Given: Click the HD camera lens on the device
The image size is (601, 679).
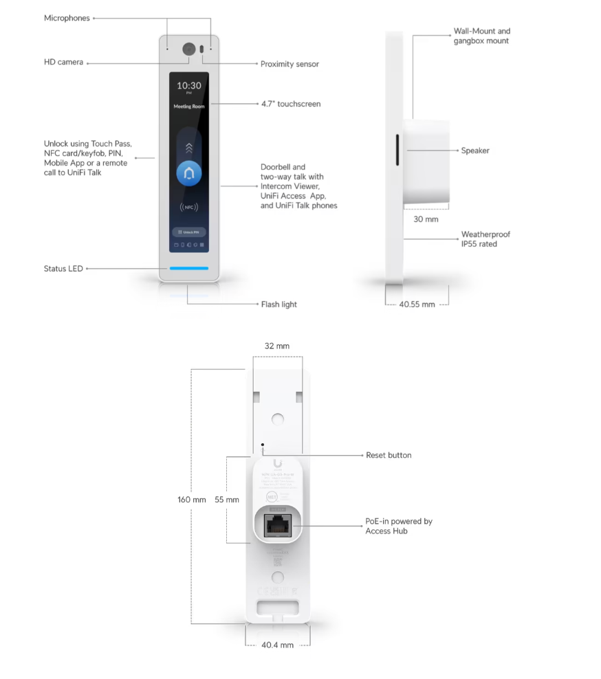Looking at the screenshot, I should tap(188, 49).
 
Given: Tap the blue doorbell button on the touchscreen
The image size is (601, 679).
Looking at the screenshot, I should tap(189, 174).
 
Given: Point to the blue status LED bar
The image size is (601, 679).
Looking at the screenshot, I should tap(189, 269).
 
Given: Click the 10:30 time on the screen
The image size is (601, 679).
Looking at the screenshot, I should tap(189, 86).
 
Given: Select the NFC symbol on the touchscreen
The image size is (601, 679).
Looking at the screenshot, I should tap(189, 206).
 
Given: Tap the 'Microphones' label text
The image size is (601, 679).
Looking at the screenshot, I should tap(67, 18).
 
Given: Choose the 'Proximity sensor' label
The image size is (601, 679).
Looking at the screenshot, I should tap(289, 64).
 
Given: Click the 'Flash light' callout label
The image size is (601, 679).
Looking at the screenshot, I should tap(278, 304).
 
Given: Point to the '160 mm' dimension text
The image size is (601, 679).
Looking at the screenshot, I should tap(192, 500).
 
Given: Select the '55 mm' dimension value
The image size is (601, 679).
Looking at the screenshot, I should tap(227, 500).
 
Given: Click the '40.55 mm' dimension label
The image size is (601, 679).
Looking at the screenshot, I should tap(417, 304).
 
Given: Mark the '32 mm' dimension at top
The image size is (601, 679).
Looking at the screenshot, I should tap(277, 346).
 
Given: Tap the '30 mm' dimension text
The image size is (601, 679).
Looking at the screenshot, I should tap(426, 219).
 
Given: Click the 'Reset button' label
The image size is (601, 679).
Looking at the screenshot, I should tap(389, 455).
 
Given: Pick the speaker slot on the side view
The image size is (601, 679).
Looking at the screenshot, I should tap(397, 151).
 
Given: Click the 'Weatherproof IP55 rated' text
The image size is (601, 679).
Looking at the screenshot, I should tap(485, 239).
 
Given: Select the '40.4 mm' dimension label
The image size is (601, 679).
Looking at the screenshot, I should tap(277, 645).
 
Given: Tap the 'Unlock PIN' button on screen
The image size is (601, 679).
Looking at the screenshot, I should tap(189, 232).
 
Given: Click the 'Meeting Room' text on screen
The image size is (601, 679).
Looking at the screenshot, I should tap(189, 107).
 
